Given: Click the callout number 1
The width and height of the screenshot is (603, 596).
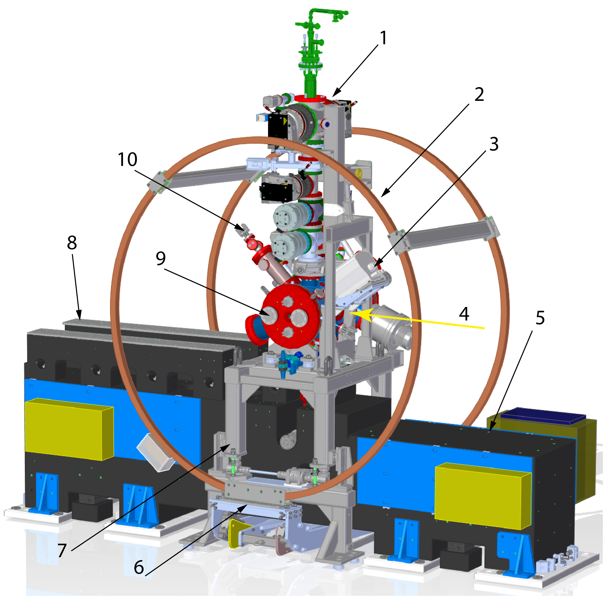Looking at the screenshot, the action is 383,38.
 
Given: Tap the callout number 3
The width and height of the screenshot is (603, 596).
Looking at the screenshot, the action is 494,144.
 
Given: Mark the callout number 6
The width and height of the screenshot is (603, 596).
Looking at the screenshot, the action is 139,567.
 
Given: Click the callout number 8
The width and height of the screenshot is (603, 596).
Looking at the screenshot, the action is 72,243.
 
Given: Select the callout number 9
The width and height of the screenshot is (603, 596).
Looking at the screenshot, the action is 160,258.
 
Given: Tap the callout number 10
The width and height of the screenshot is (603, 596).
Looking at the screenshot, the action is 127,159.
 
